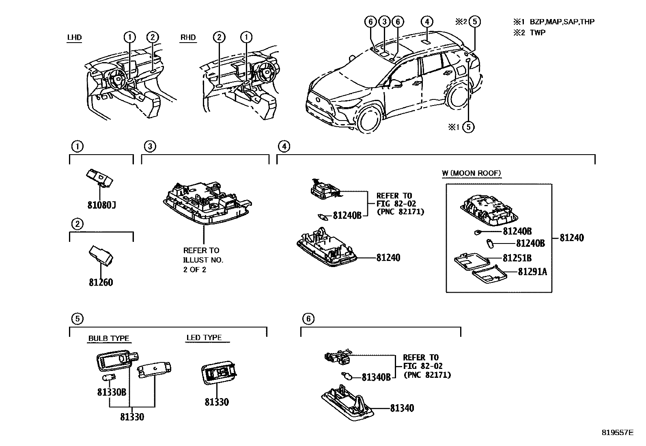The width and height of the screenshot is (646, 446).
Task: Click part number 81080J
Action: tap(101, 205)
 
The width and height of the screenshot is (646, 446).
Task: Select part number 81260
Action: tap(101, 282)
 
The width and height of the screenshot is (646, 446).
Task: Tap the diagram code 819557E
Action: tap(617, 433)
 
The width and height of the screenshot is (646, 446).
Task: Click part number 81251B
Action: tap(517, 258)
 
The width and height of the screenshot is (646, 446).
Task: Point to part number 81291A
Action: tap(532, 271)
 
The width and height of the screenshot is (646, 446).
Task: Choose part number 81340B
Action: tap(376, 377)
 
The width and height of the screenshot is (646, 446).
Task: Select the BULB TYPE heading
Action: tap(109, 338)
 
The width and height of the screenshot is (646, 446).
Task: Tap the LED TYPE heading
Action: tap(204, 337)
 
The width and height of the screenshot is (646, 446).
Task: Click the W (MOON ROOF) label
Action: tap(471, 173)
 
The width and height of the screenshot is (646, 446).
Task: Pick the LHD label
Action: tap(74, 38)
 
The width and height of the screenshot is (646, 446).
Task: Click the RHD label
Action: tap(188, 38)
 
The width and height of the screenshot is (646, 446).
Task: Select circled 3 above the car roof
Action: tap(384, 22)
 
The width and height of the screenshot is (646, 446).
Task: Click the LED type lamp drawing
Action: tap(218, 372)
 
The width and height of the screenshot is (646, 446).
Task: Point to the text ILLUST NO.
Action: tap(203, 260)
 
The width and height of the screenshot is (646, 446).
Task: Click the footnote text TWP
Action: tap(537, 33)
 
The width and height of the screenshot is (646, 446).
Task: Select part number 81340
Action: tap(402, 408)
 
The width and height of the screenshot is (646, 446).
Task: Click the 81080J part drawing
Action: tap(99, 178)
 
